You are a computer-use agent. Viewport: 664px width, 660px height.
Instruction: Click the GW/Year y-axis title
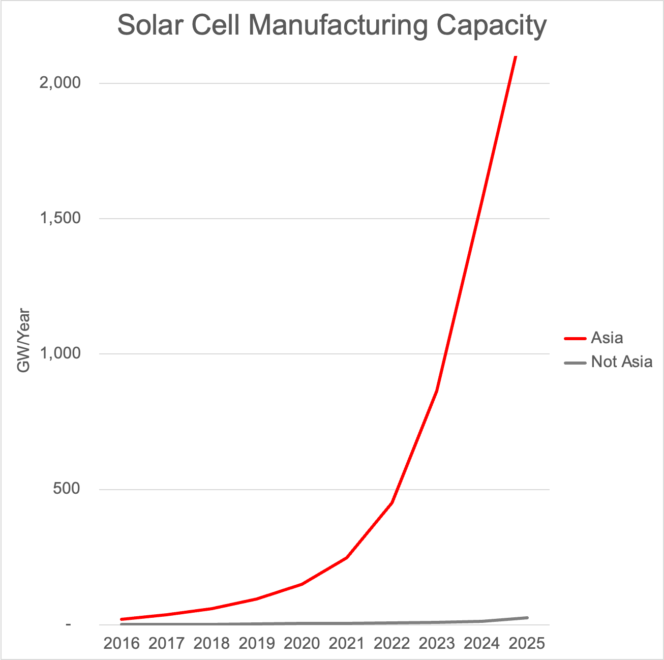click(23, 341)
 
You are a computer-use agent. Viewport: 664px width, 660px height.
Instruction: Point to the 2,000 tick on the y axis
click(60, 82)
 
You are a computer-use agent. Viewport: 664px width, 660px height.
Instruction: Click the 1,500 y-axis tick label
click(60, 218)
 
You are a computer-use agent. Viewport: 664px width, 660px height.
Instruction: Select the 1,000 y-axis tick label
click(60, 353)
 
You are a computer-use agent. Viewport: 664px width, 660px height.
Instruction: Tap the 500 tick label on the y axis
click(67, 489)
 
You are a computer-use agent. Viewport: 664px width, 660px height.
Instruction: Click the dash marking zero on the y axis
click(68, 624)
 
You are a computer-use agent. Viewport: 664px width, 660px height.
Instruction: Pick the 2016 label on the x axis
click(122, 643)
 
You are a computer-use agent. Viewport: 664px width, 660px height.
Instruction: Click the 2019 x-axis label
click(257, 643)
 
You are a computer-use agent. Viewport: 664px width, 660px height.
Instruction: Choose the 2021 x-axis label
click(347, 643)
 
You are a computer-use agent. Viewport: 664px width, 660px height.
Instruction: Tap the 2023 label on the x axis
click(437, 643)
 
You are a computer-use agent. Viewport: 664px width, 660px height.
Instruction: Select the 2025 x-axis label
click(527, 643)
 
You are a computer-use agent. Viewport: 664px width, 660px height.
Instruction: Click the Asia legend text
click(607, 338)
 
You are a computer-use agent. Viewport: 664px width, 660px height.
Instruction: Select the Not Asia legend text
click(621, 362)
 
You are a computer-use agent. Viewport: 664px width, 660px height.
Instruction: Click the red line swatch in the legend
click(575, 338)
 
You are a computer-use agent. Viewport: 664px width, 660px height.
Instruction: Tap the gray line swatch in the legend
click(575, 363)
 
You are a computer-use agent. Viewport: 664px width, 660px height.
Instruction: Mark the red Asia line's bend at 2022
click(392, 502)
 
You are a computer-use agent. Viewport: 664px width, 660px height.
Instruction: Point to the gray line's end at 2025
click(527, 618)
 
